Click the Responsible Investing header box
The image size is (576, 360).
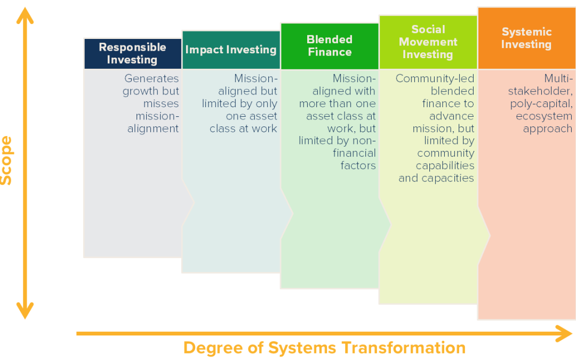pyautogui.click(x=132, y=53)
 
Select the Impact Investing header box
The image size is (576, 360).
pyautogui.click(x=231, y=50)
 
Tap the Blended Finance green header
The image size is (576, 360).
pyautogui.click(x=330, y=46)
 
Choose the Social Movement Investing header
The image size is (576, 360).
pyautogui.click(x=428, y=42)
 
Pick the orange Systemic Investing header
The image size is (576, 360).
pyautogui.click(x=526, y=38)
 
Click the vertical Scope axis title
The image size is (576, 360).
pyautogui.click(x=7, y=161)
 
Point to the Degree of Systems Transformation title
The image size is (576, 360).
pyautogui.click(x=324, y=348)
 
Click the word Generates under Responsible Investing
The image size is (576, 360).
pyautogui.click(x=151, y=79)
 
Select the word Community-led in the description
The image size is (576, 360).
pyautogui.click(x=435, y=79)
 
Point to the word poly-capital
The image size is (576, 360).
pyautogui.click(x=541, y=103)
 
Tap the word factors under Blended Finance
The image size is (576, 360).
pyautogui.click(x=358, y=165)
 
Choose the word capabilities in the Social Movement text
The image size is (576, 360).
pyautogui.click(x=445, y=165)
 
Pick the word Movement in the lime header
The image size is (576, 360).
pyautogui.click(x=428, y=42)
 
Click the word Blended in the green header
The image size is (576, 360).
pyautogui.click(x=330, y=39)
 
